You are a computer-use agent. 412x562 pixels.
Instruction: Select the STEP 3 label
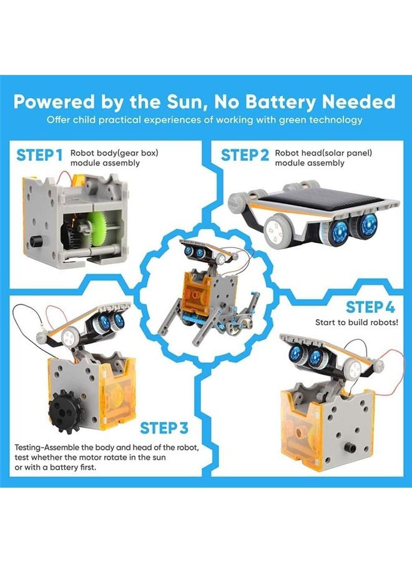click(x=164, y=428)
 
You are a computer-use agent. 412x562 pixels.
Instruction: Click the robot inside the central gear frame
click(x=206, y=292)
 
